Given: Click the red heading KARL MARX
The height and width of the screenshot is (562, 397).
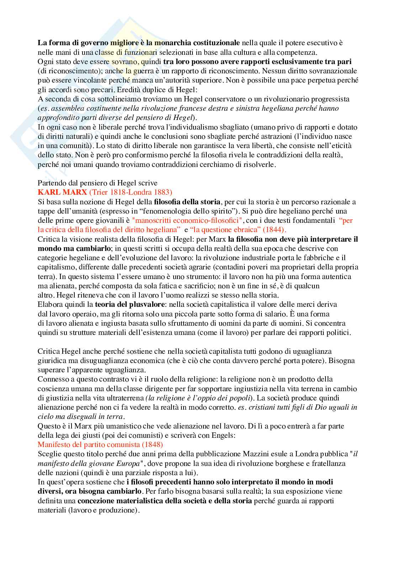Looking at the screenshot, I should point(62,193).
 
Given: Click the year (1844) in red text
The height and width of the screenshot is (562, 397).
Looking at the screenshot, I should point(273,230).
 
